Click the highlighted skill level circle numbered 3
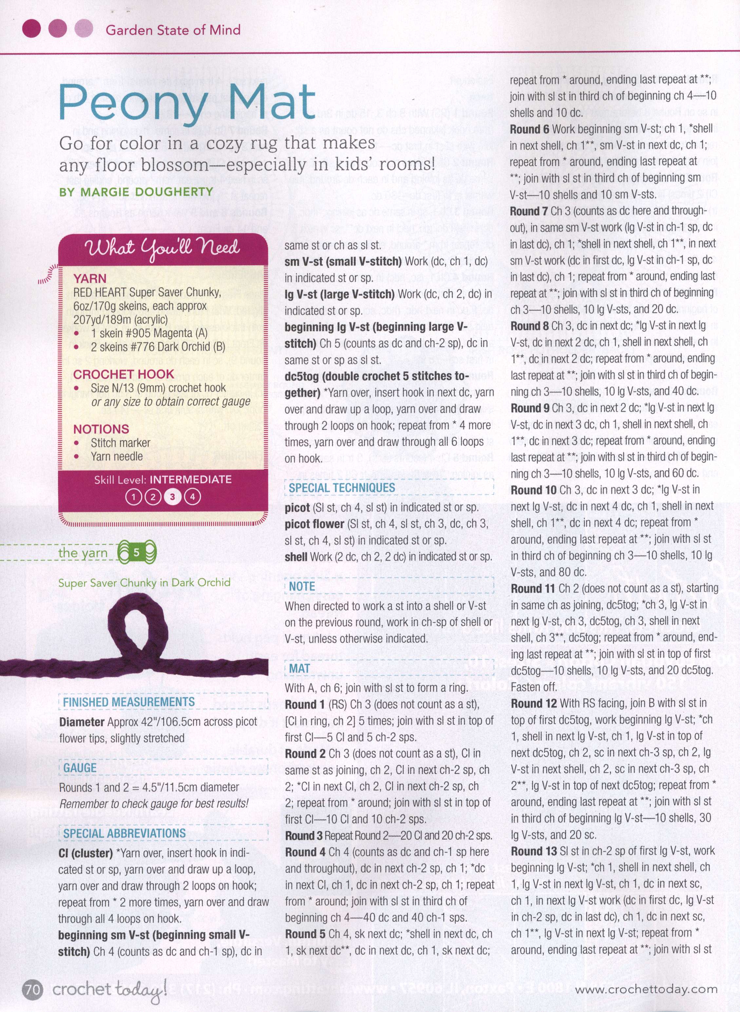(x=172, y=496)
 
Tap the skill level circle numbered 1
(x=133, y=496)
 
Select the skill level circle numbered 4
(x=193, y=496)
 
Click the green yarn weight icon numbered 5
(x=137, y=553)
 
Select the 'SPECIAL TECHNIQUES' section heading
(x=342, y=488)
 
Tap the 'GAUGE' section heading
(x=80, y=768)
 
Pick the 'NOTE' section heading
(x=302, y=586)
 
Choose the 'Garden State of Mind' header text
(x=173, y=30)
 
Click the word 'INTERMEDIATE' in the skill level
(x=190, y=479)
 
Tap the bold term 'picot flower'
(x=314, y=524)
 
